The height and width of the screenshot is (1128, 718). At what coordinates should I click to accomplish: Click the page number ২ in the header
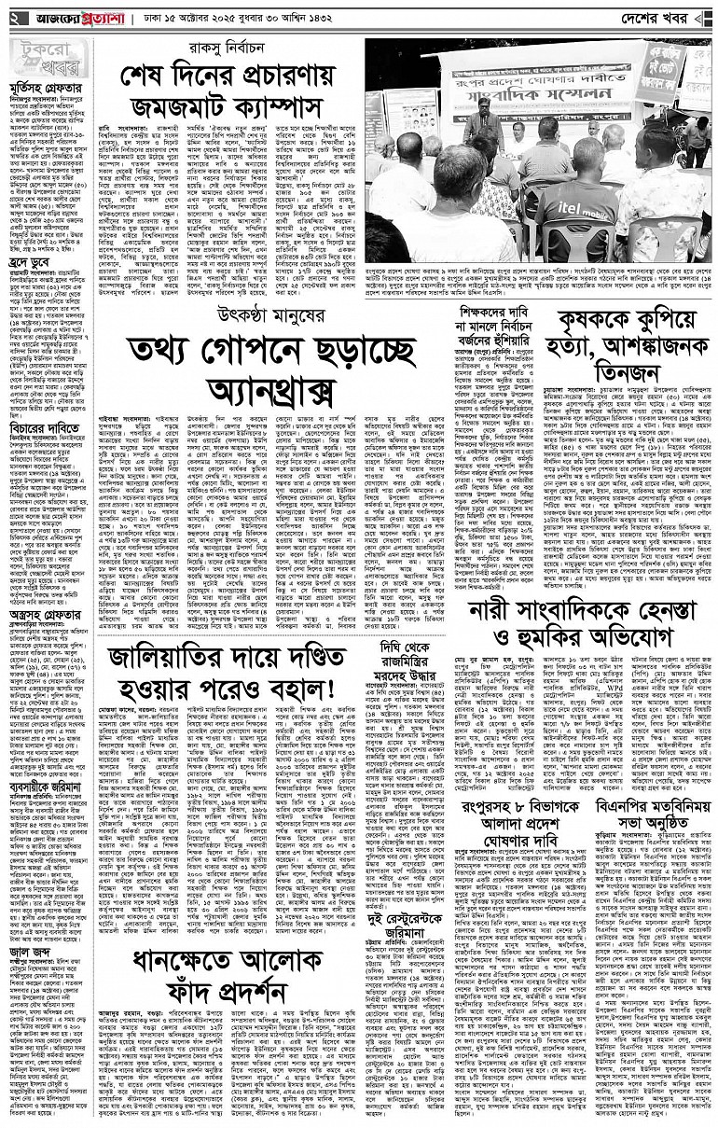point(12,16)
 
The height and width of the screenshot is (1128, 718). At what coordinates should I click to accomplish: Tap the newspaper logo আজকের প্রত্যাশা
point(80,16)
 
